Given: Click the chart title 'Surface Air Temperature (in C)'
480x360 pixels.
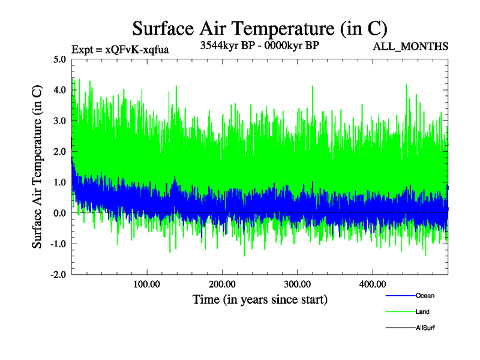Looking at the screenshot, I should (259, 28).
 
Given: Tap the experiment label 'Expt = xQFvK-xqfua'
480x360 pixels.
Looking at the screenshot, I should (120, 50).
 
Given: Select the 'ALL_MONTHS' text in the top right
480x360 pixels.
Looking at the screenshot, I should (410, 46).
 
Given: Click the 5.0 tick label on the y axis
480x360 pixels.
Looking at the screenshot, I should (59, 59).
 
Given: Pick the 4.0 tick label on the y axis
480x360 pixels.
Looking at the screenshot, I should (59, 90).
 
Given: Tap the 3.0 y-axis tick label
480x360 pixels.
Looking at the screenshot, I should (59, 121).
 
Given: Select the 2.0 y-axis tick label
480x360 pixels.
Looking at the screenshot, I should (59, 151).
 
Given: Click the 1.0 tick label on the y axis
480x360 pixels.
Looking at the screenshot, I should (59, 182).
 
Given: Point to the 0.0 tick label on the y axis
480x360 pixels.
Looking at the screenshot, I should (59, 213).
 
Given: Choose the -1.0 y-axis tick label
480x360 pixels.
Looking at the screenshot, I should (58, 244).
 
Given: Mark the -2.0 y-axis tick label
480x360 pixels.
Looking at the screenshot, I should (58, 274).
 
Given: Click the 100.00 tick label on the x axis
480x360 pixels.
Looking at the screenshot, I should (146, 284).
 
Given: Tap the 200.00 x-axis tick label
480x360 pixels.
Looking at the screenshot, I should (222, 284).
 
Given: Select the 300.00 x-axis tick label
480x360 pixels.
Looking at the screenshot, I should (297, 284).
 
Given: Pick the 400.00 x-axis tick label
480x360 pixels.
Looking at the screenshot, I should (372, 284).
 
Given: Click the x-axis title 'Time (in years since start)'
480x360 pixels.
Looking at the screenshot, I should (259, 298).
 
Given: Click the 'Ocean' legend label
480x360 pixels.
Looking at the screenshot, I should (425, 296).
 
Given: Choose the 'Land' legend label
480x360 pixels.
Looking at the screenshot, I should (422, 312).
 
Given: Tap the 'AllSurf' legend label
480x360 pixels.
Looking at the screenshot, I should (425, 328).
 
